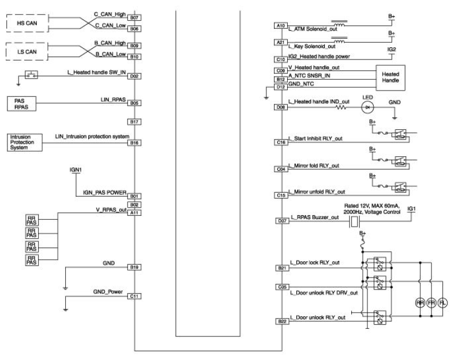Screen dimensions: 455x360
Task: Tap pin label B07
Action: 134,18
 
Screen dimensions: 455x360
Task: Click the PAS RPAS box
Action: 21,104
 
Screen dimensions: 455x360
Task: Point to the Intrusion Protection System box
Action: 25,142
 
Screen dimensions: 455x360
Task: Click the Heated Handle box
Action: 390,77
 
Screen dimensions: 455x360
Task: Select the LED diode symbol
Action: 368,107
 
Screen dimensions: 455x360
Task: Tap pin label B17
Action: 134,122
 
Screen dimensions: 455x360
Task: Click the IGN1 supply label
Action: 76,170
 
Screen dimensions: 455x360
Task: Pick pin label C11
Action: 134,296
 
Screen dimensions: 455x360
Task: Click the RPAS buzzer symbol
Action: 354,222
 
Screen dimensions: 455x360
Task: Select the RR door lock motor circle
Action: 420,303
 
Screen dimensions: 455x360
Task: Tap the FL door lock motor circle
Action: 442,303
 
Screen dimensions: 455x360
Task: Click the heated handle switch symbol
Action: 31,75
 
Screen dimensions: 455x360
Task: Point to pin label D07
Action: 282,221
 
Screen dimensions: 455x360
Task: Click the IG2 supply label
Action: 392,50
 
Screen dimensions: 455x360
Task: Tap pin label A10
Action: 281,26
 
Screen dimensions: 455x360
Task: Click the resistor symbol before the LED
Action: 341,107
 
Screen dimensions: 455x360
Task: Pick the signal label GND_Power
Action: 108,291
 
